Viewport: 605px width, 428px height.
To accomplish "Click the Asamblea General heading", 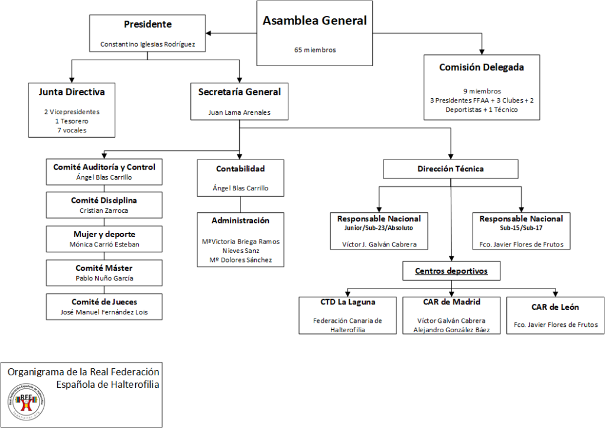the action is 314,21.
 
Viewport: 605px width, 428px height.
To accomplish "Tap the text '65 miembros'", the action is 315,50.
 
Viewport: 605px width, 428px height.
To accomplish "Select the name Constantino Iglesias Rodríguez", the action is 147,44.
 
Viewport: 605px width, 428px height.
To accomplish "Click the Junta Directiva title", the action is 71,92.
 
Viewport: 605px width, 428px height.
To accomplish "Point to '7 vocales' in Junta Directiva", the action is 71,130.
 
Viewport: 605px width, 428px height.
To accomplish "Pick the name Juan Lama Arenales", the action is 239,112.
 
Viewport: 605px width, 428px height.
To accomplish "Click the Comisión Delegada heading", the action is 482,67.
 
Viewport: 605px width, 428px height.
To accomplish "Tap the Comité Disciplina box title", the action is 104,200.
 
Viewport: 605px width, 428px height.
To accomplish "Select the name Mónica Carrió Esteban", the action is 104,244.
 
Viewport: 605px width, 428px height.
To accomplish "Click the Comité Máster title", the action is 104,268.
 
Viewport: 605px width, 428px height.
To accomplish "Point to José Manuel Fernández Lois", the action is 104,312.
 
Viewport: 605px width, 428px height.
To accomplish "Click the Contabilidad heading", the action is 240,168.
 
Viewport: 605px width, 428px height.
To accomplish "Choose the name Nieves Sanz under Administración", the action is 241,251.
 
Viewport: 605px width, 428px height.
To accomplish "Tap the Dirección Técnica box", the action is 451,169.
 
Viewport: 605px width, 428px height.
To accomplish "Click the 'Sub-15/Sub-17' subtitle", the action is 521,228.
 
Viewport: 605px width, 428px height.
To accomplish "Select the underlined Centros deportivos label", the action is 451,271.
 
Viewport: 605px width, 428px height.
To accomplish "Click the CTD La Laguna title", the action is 347,302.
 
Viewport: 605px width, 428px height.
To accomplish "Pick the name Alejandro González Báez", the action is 451,330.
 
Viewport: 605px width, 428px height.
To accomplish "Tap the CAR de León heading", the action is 555,307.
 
